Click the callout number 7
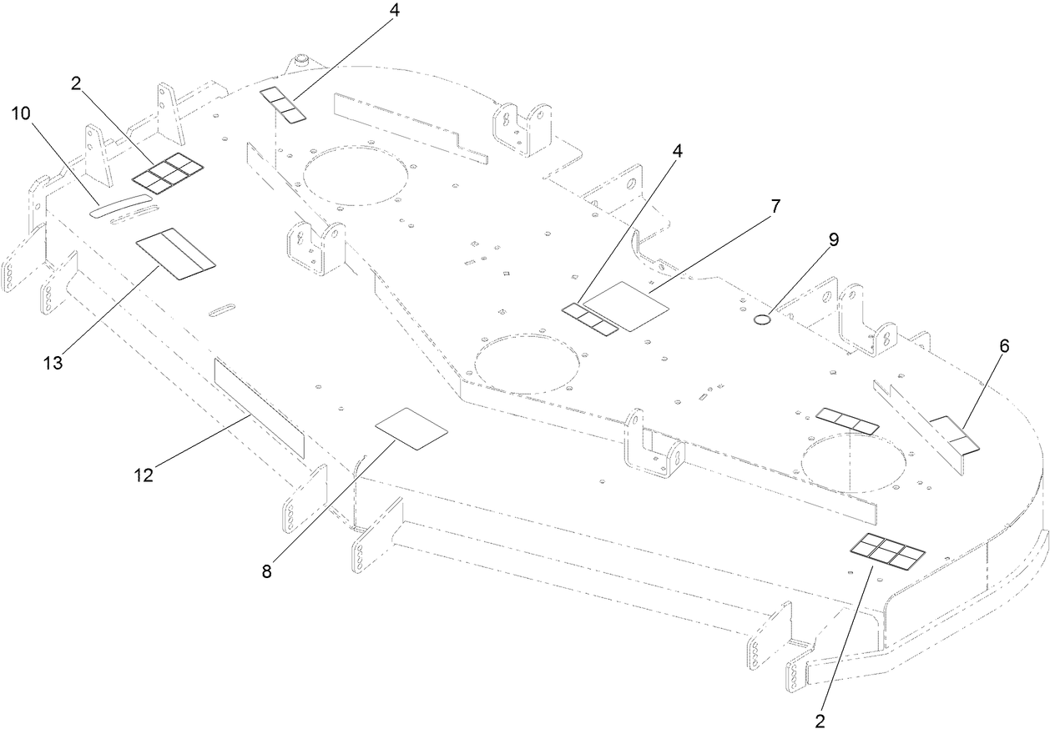tap(775, 206)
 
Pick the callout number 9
tap(832, 239)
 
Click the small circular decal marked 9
tap(763, 319)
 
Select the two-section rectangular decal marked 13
tap(175, 252)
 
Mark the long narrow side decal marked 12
tap(259, 407)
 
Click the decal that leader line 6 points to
tap(953, 432)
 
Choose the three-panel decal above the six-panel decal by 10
tap(282, 104)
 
